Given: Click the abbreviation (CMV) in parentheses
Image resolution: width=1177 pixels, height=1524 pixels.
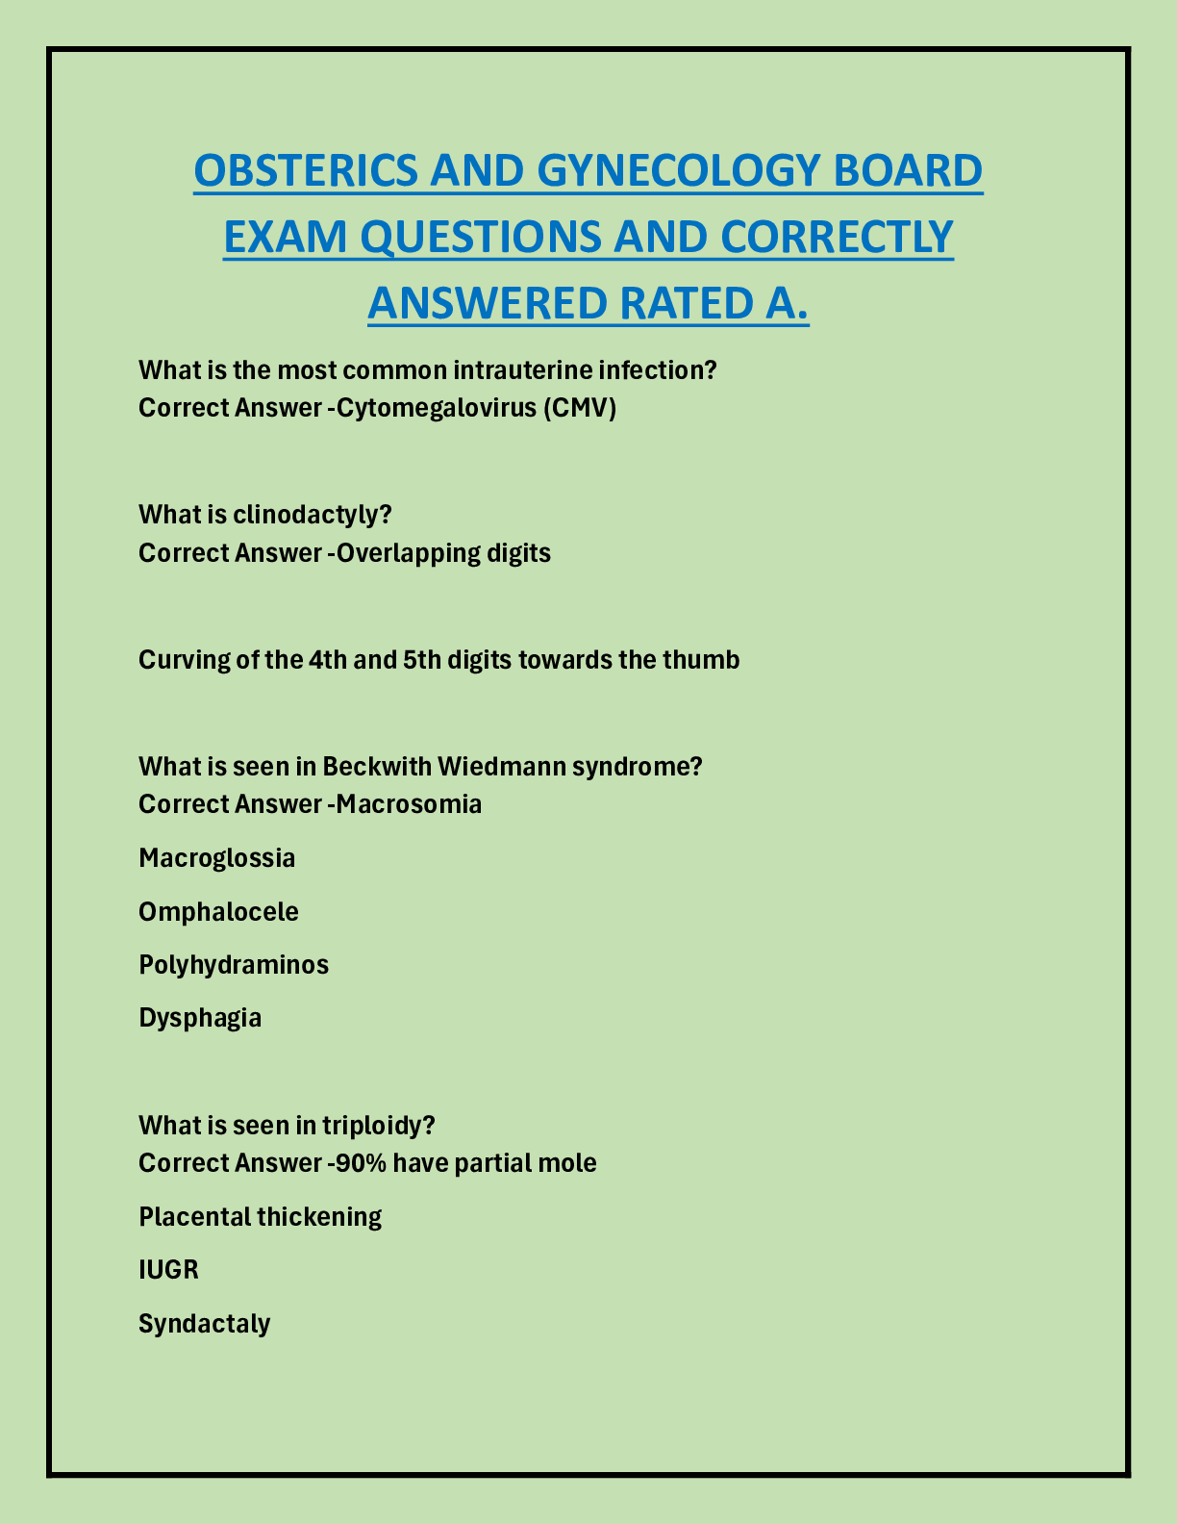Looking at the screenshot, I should pos(579,408).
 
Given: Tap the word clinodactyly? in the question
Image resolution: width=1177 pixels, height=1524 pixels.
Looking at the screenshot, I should pos(313,515).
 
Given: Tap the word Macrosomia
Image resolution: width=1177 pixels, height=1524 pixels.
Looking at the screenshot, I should pos(409,803).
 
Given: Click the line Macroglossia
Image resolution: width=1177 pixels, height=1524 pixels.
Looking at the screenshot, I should pos(217,857).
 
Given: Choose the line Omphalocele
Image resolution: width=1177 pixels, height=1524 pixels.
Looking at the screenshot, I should pos(219,911).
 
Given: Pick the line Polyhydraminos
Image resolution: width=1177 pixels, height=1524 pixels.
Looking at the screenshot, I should pos(234,964).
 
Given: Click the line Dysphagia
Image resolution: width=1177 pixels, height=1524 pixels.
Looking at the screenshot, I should pos(200,1018).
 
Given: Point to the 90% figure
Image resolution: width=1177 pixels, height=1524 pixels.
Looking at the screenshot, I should pos(361,1163).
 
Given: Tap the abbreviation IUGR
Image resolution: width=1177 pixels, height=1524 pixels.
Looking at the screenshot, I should pos(169,1270).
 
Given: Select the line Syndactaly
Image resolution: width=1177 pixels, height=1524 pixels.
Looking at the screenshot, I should pos(205,1324).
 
